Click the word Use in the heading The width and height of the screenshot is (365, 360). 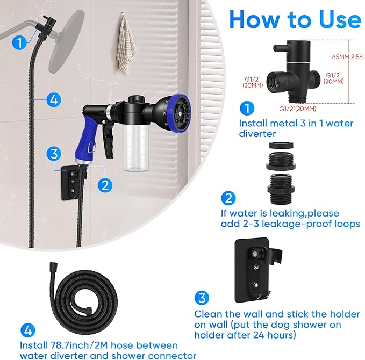point(333,19)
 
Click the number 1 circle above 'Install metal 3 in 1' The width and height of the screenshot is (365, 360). point(246,109)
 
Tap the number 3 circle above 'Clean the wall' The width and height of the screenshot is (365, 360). point(201,298)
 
